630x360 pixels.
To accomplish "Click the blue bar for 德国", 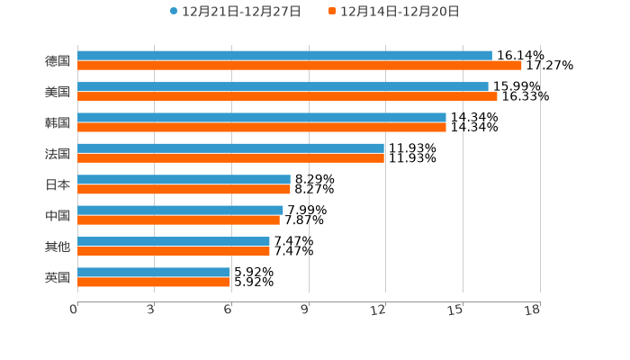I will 284,56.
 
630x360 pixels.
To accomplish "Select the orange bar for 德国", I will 299,66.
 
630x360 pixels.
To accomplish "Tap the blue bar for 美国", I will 283,86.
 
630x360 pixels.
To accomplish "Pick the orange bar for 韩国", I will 261,127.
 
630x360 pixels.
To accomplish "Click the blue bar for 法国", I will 230,148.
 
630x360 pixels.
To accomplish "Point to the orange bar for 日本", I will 184,189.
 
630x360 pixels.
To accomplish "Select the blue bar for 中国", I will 180,210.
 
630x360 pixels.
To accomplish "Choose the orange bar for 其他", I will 173,251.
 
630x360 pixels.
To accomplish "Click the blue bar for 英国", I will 153,272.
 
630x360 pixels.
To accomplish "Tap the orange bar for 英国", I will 153,282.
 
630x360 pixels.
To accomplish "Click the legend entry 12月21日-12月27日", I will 235,12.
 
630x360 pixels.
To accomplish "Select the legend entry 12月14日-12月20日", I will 393,12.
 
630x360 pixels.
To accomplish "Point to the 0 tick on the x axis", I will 75,310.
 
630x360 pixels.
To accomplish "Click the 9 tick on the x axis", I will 306,310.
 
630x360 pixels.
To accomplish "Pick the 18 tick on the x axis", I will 533,310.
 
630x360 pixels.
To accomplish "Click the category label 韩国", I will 58,122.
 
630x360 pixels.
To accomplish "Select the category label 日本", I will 58,184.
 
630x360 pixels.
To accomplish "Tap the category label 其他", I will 58,247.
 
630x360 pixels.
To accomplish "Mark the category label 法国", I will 58,153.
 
